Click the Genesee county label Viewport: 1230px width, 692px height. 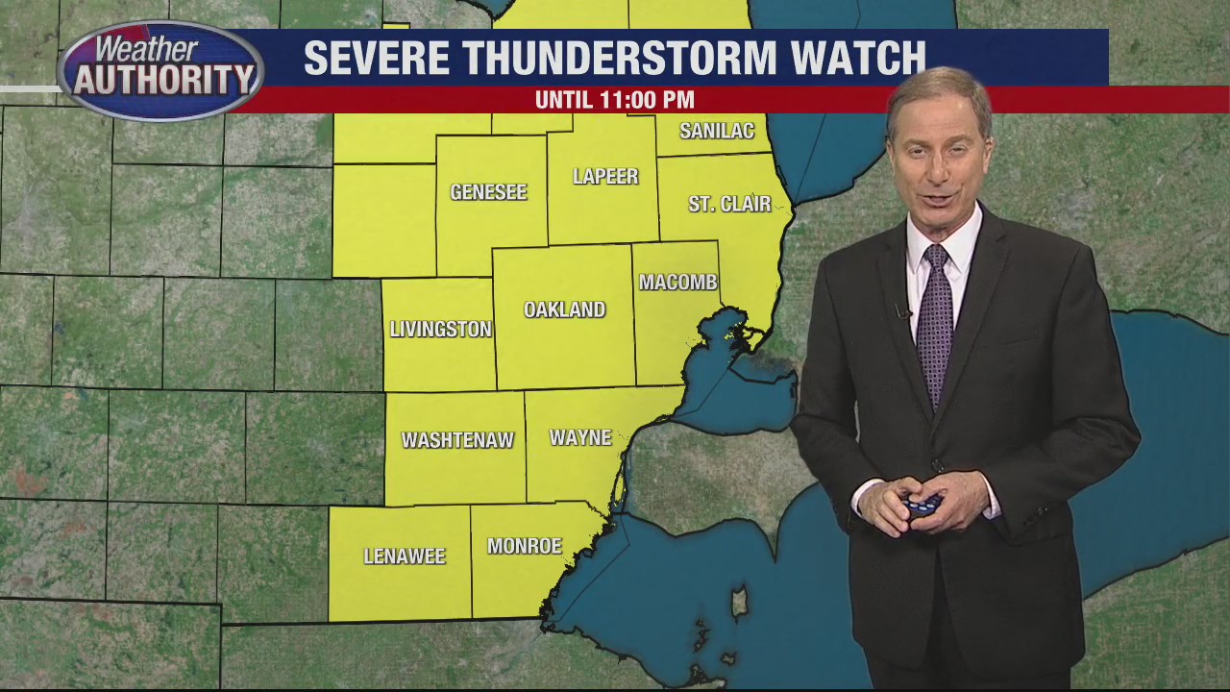[x=488, y=192]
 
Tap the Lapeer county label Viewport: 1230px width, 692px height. [x=605, y=177]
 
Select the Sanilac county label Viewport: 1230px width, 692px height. [x=717, y=132]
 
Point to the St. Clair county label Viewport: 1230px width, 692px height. [x=729, y=204]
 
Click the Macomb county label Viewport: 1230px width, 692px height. [x=678, y=283]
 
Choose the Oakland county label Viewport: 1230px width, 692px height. [x=564, y=309]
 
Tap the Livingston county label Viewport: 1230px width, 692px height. [x=440, y=329]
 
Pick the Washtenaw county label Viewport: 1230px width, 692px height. [x=457, y=440]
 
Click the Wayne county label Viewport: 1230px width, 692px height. [x=580, y=438]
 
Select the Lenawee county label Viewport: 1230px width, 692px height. [x=405, y=556]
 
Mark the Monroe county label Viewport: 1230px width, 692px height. [x=524, y=546]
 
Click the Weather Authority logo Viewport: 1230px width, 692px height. [x=160, y=70]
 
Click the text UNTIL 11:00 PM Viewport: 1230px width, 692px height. [x=614, y=100]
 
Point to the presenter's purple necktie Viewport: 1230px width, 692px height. [x=934, y=317]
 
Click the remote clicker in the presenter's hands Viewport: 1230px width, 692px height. [x=921, y=504]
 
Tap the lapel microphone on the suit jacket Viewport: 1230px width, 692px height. [x=901, y=311]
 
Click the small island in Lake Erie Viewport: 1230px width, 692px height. [x=740, y=604]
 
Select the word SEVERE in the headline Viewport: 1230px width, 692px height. [x=363, y=59]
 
